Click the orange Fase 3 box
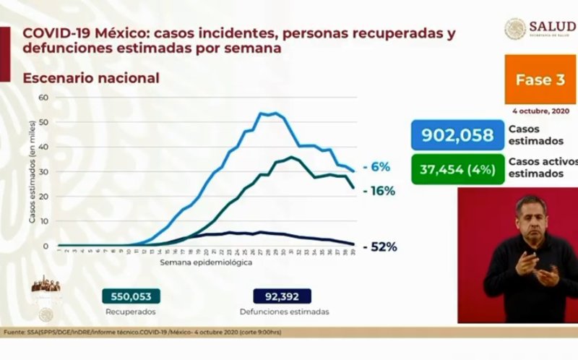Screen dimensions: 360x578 coord(540,80)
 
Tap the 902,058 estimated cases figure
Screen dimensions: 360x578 coord(457,135)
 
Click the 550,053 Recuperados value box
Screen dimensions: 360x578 coord(131,296)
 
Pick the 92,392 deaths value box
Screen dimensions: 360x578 coord(282,296)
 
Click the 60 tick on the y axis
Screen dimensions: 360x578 coord(43,98)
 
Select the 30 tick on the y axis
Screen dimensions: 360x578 coord(43,172)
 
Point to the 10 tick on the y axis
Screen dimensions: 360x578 coord(43,221)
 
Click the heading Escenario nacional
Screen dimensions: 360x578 coord(91,78)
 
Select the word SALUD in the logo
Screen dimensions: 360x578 coord(551,27)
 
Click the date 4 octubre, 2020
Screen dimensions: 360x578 coord(541,111)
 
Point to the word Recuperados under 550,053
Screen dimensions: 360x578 coord(131,312)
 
